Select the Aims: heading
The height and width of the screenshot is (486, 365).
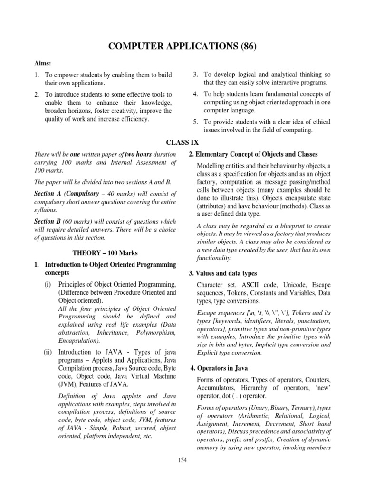[x=44, y=64]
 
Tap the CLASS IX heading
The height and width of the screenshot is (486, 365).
[x=182, y=142]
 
